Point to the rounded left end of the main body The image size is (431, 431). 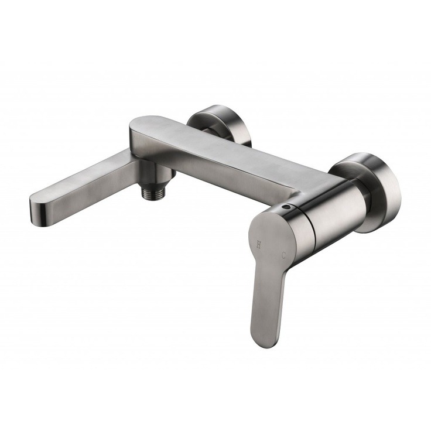pyautogui.click(x=136, y=126)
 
